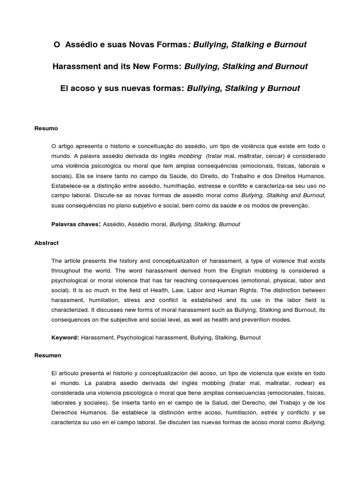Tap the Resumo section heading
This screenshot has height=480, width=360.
[x=45, y=128]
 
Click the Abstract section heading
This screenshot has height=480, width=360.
[x=47, y=243]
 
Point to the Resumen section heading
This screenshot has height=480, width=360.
[x=48, y=355]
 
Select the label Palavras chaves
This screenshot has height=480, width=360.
[x=75, y=224]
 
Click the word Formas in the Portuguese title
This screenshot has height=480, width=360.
[x=172, y=45]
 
